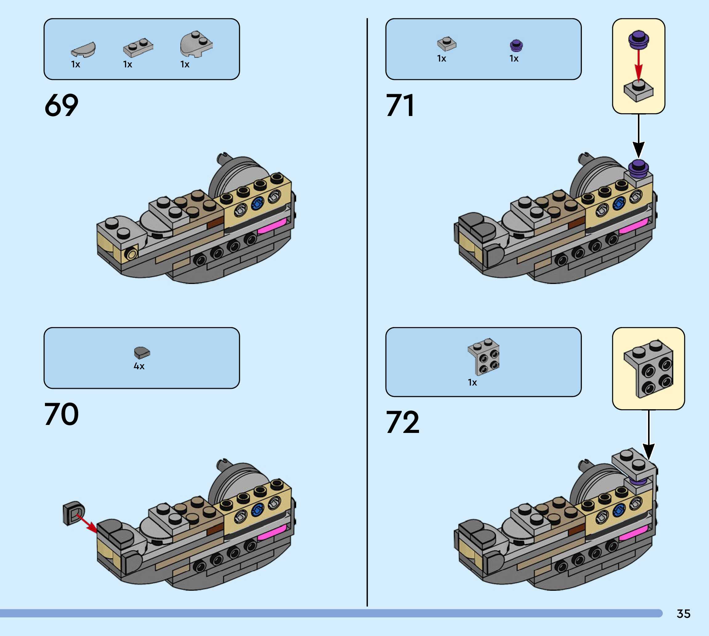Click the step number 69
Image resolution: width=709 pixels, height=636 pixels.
click(61, 105)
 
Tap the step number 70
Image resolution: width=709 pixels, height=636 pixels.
click(61, 414)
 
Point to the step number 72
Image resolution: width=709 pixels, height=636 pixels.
click(402, 422)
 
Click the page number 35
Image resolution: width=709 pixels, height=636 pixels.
click(683, 614)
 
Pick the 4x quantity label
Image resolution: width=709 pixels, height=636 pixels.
click(139, 366)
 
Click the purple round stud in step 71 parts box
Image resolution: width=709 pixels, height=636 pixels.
click(516, 46)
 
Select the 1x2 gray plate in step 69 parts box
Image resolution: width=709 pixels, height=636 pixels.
click(138, 47)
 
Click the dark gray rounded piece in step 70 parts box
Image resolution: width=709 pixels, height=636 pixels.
click(142, 352)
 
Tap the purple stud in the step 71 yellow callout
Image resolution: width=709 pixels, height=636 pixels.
click(639, 39)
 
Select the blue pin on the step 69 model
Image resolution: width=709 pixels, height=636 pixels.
click(258, 202)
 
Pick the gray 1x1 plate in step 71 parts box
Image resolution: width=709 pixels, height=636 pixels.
click(446, 44)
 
